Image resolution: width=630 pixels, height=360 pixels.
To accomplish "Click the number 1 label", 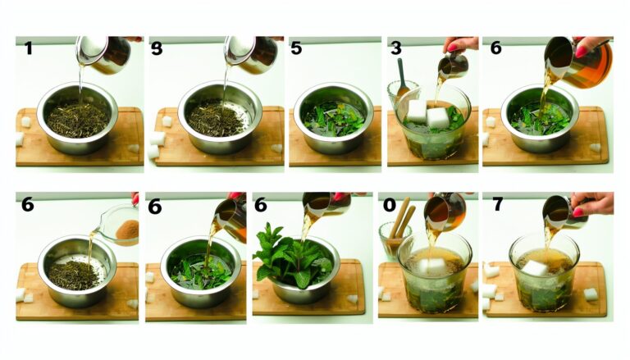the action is [x=28, y=48].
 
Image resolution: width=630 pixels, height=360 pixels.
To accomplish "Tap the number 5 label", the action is [x=296, y=48].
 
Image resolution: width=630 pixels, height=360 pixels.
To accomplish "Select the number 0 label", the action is [x=390, y=205].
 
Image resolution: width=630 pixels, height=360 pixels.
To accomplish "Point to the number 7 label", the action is [x=498, y=204].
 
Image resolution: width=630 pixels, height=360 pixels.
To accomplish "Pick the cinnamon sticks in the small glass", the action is [x=403, y=218].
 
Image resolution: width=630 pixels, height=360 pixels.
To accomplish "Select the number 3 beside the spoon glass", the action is [x=395, y=48].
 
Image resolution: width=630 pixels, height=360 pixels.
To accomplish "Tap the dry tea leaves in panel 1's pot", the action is [x=77, y=119].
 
